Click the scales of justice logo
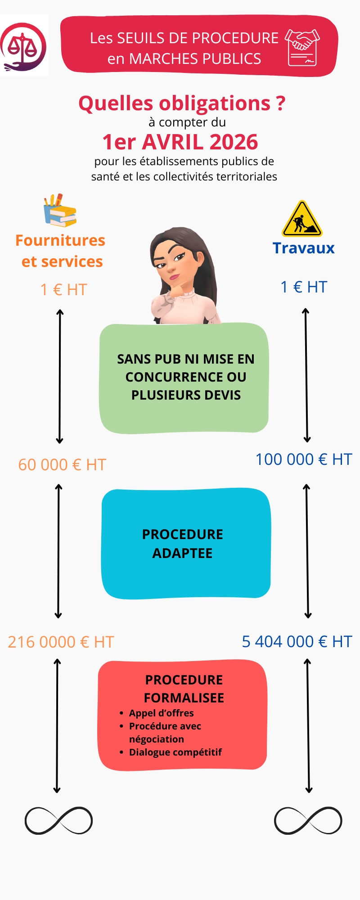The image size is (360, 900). (x=24, y=45)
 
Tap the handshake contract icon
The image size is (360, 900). (x=302, y=47)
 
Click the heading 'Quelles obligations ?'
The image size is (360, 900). (x=182, y=103)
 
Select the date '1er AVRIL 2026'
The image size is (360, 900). (x=180, y=142)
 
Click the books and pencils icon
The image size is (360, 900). (x=60, y=210)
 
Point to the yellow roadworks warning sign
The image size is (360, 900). (x=302, y=219)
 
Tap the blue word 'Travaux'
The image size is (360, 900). (x=304, y=248)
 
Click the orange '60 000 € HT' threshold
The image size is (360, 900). (x=62, y=464)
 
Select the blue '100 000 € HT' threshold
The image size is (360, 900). (x=304, y=459)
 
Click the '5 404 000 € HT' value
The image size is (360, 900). (x=297, y=641)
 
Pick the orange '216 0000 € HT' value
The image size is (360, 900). (x=61, y=642)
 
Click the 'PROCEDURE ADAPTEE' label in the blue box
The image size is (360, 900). (x=183, y=544)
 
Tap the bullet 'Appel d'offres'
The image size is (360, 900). (x=161, y=713)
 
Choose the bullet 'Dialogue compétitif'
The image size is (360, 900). (x=175, y=752)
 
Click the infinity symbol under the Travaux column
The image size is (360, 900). (x=308, y=820)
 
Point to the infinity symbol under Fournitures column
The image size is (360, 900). (x=58, y=820)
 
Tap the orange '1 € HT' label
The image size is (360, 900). (x=63, y=289)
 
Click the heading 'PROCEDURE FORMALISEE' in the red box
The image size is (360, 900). (x=184, y=688)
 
